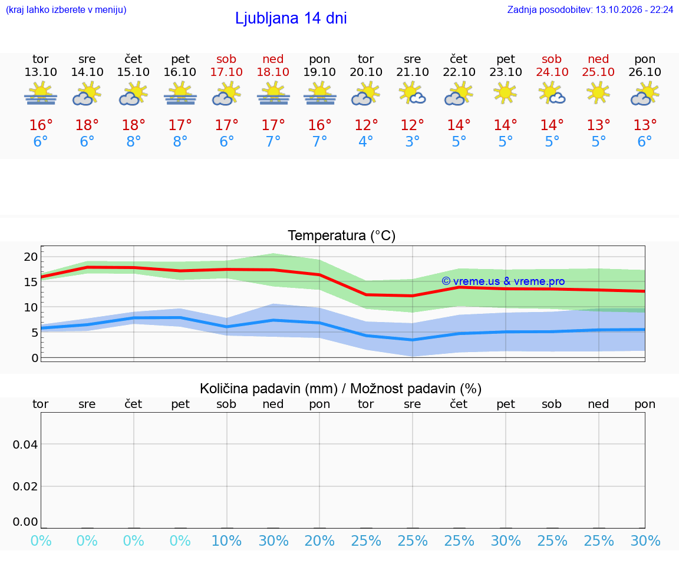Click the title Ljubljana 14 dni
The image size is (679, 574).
[x=291, y=18]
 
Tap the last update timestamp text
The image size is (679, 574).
[x=590, y=10]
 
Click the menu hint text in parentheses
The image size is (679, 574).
[x=66, y=10]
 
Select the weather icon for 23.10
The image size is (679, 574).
[x=505, y=93]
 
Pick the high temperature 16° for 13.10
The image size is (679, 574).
[x=41, y=125]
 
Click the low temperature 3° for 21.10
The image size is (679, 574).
[x=412, y=141]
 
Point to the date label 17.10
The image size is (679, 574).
[x=226, y=72]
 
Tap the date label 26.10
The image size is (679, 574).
[x=645, y=72]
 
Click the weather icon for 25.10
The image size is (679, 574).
[x=598, y=93]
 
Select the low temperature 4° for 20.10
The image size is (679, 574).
[x=366, y=141]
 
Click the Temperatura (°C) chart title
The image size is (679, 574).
[x=342, y=235]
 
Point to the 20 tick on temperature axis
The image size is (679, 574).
[x=31, y=257]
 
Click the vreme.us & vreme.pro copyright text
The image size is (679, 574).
[x=503, y=281]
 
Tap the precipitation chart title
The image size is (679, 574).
[x=341, y=389]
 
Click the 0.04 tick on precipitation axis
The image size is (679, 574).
[x=25, y=444]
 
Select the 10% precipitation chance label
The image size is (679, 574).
[x=226, y=540]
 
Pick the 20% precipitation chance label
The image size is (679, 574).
[x=319, y=540]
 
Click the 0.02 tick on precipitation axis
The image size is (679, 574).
[x=25, y=487]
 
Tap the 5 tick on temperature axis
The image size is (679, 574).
[x=35, y=333]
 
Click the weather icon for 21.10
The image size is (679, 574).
[x=412, y=93]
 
